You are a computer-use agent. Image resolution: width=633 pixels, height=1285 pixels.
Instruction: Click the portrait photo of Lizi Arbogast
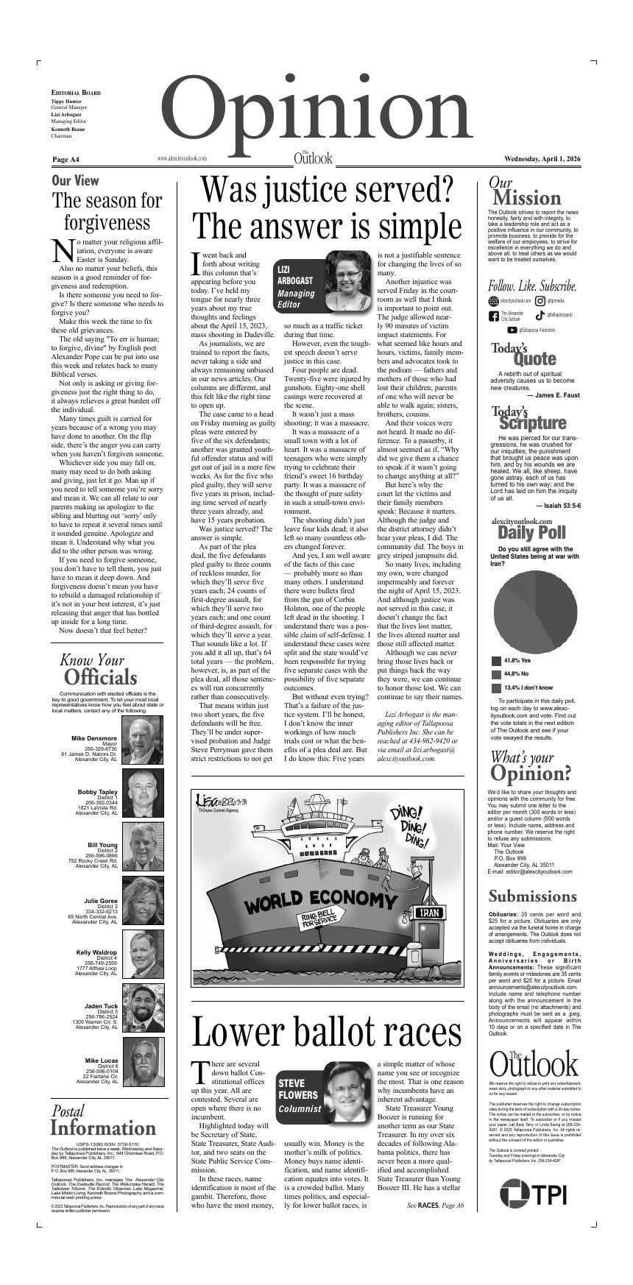347,281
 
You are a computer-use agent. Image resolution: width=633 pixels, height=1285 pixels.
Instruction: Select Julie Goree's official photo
142,901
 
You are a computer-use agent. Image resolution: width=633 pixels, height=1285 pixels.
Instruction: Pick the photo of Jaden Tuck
142,1008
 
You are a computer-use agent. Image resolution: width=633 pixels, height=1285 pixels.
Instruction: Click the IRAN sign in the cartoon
428,913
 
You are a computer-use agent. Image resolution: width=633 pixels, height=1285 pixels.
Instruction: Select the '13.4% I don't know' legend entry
524,687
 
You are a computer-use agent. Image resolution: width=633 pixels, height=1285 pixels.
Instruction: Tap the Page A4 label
66,159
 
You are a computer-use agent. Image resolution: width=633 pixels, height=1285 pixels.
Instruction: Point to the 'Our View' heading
75,180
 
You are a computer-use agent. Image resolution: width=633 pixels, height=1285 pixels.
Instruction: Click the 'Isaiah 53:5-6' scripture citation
558,506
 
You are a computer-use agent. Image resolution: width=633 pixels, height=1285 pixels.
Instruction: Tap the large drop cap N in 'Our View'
64,250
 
